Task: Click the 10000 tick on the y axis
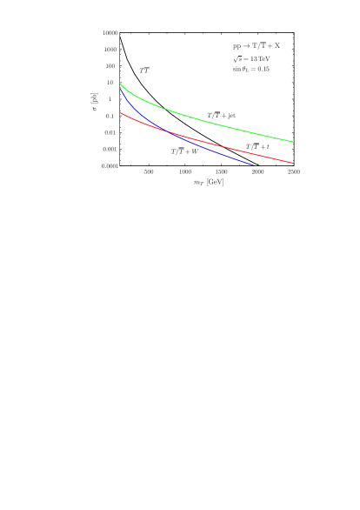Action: click(x=110, y=33)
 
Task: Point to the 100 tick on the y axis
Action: click(x=110, y=66)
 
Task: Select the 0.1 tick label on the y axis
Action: click(x=110, y=116)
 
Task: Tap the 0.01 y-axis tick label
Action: click(x=110, y=132)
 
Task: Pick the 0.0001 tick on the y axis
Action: click(x=110, y=165)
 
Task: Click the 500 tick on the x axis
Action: click(x=149, y=172)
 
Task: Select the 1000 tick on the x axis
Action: click(x=185, y=172)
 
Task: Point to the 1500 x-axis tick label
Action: click(x=222, y=172)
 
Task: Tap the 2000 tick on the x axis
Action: click(x=258, y=172)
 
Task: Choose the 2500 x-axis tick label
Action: click(x=294, y=172)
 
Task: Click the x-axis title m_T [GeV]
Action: click(x=209, y=182)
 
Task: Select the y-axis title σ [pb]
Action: click(x=95, y=102)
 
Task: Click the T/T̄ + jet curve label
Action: click(x=221, y=115)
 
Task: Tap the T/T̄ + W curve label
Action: click(x=184, y=151)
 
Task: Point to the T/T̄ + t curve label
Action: click(x=257, y=147)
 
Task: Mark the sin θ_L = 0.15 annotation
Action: click(x=251, y=69)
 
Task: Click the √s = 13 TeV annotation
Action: click(x=250, y=58)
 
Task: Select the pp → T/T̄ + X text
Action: click(x=256, y=45)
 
